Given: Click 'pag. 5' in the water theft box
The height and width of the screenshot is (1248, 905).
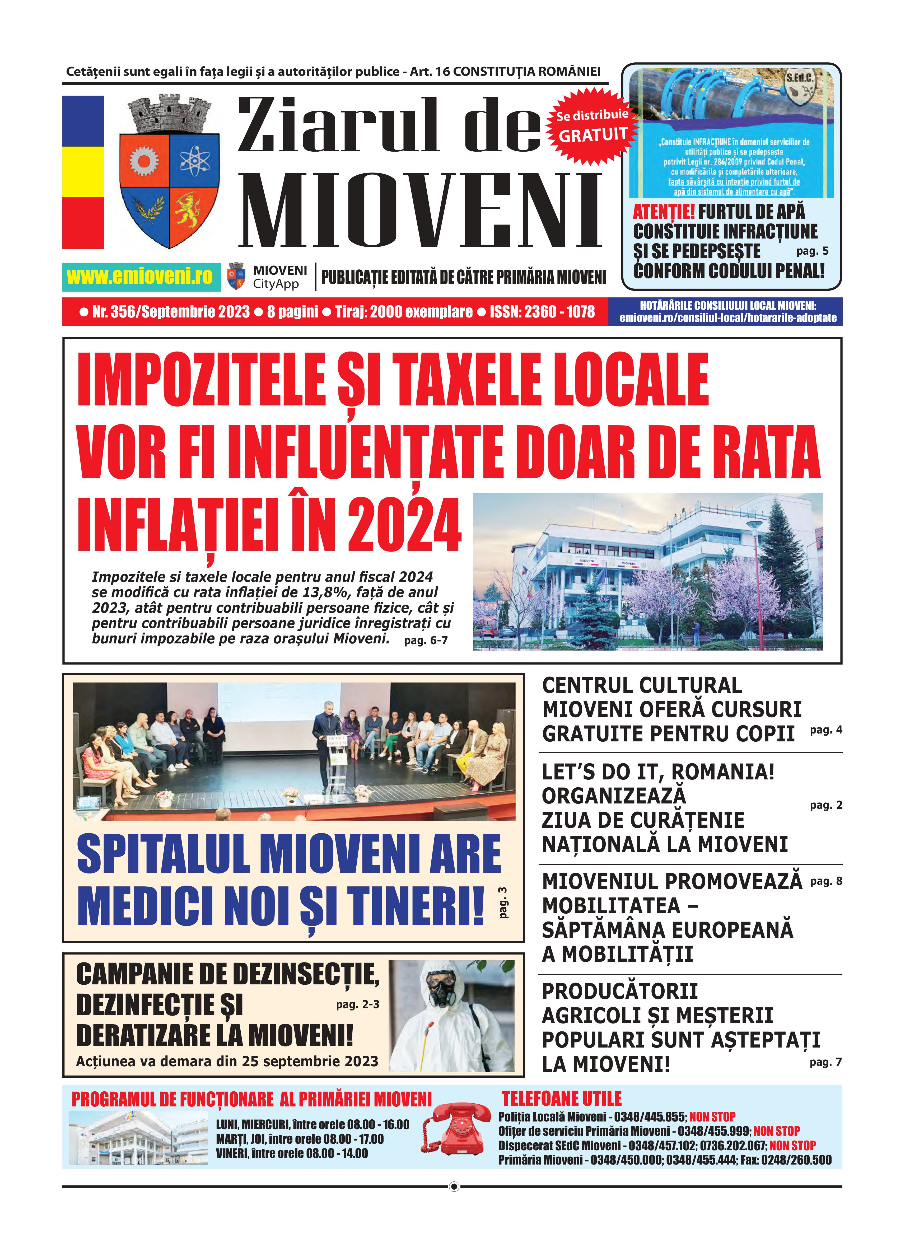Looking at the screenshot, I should coord(812,251).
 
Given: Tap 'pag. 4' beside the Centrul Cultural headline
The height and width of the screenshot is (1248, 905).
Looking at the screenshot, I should coord(826,730).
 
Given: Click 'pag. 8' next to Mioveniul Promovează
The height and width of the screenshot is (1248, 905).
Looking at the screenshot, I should coord(826,881).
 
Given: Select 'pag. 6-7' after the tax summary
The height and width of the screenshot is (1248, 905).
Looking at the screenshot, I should coord(426,641).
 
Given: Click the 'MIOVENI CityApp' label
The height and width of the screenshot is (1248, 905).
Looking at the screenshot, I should coord(279,277).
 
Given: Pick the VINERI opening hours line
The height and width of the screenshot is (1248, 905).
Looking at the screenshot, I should coord(292,1153).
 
